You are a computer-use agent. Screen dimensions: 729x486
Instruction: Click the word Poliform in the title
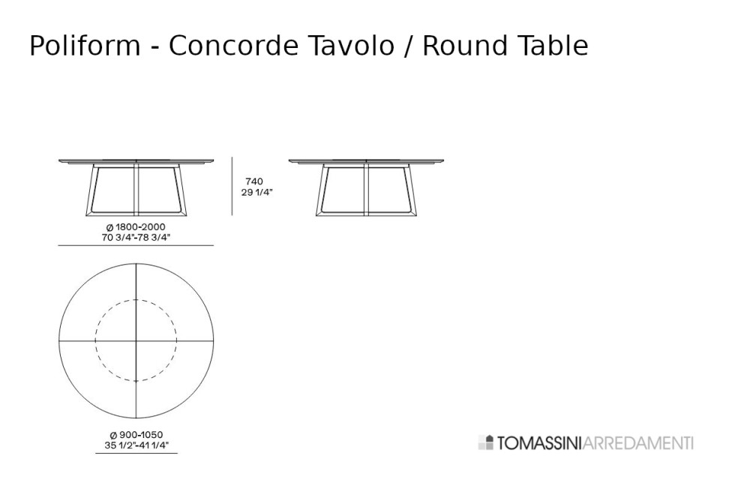(85, 46)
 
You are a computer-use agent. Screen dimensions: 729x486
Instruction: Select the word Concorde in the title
(233, 46)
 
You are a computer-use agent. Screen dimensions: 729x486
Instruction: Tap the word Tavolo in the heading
(351, 46)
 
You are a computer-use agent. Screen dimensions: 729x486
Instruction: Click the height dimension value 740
(254, 181)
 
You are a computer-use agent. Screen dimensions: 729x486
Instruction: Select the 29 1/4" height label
(256, 192)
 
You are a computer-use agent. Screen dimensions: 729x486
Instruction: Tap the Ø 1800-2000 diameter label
(136, 227)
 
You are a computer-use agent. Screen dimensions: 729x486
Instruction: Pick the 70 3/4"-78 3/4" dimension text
(136, 237)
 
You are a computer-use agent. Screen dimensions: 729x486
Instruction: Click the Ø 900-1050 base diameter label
(136, 435)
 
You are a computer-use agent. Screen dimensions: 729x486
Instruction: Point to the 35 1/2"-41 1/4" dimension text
(136, 445)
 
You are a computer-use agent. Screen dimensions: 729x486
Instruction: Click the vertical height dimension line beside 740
(232, 186)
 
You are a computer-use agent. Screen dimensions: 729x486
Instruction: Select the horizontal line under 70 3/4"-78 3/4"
(136, 245)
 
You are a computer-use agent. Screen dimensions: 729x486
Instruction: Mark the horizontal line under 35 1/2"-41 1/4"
(136, 452)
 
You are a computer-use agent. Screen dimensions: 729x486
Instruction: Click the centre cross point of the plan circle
(136, 340)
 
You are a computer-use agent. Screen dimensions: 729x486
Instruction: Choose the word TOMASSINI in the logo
(539, 442)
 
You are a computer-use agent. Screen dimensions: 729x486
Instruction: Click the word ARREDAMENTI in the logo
(637, 442)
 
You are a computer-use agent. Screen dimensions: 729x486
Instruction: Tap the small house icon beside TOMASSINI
(486, 442)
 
